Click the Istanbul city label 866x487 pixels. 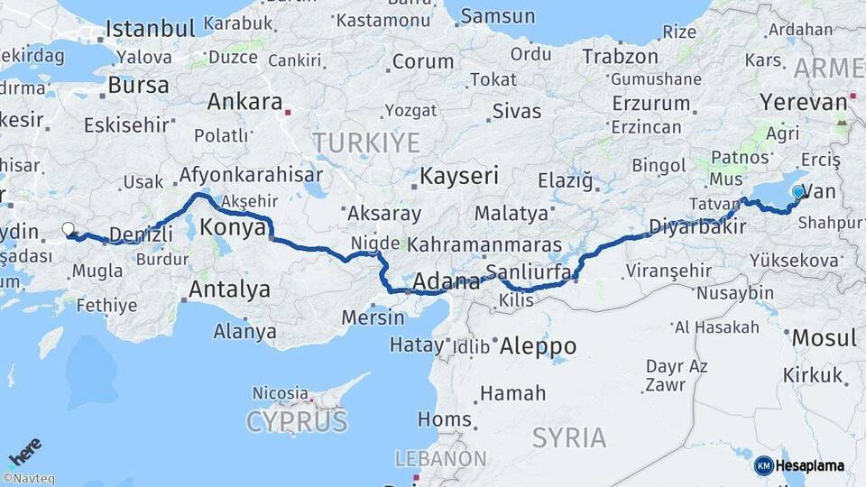151,29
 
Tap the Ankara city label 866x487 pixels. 245,102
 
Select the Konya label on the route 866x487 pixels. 233,227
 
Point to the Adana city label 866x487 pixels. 447,282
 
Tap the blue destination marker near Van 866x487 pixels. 797,191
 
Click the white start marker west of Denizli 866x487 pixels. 68,229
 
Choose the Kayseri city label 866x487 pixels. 459,175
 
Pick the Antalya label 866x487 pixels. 230,289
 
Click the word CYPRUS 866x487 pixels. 297,422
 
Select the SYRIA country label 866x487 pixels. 568,437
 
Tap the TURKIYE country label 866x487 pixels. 366,142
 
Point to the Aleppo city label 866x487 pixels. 538,345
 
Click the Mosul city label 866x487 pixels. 824,338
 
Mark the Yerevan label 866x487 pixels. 804,102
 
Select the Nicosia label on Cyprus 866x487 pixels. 280,393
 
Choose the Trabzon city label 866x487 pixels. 620,56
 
